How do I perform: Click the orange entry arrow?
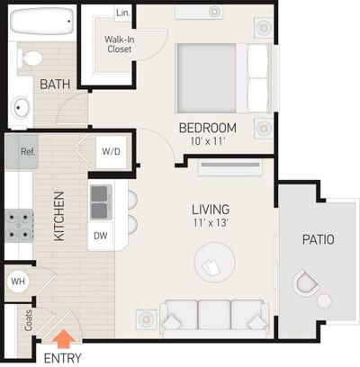click(64, 339)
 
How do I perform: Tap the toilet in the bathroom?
click(30, 58)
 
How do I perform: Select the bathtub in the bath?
click(41, 22)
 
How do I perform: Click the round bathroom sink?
click(21, 107)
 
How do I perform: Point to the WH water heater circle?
click(18, 282)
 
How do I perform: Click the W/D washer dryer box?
click(111, 152)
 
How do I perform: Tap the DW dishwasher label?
click(101, 236)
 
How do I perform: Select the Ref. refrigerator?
click(22, 151)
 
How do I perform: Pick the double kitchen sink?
click(101, 202)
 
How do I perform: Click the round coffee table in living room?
click(214, 263)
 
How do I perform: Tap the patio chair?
click(305, 282)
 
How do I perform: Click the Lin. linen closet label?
click(123, 13)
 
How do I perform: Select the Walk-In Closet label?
click(119, 44)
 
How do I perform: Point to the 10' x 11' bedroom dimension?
click(208, 141)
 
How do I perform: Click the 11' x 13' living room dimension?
click(211, 222)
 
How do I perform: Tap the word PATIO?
click(318, 240)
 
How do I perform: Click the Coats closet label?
click(28, 320)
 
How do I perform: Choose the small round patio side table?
click(324, 300)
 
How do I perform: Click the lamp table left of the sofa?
click(147, 319)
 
